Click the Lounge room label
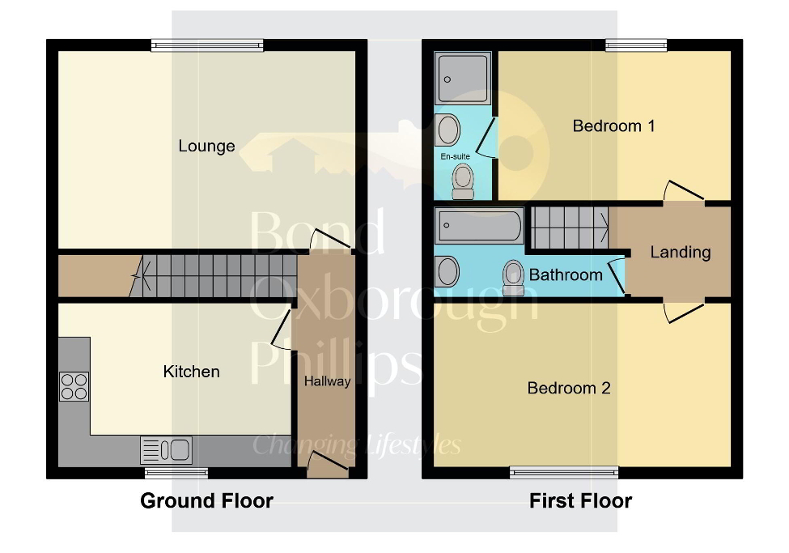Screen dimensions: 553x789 (x=206, y=147)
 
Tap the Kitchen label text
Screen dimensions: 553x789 (x=192, y=372)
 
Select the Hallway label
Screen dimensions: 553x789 (x=327, y=381)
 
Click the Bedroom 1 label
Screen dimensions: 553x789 (x=613, y=125)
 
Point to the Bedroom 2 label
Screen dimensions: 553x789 (x=568, y=388)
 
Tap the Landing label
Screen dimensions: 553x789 (x=680, y=252)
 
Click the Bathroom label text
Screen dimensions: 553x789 (x=566, y=274)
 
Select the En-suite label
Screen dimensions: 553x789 (x=455, y=155)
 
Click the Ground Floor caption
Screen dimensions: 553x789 (x=206, y=500)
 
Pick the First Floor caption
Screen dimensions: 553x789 (x=580, y=500)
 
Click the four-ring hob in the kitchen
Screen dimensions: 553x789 (x=74, y=386)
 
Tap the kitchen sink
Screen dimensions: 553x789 (x=166, y=449)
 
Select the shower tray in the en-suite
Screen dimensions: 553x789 (x=463, y=79)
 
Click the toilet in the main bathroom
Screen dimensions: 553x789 (x=513, y=277)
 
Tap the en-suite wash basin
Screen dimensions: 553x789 (x=448, y=128)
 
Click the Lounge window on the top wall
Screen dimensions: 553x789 (x=207, y=46)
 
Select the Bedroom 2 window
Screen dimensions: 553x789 (x=565, y=472)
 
